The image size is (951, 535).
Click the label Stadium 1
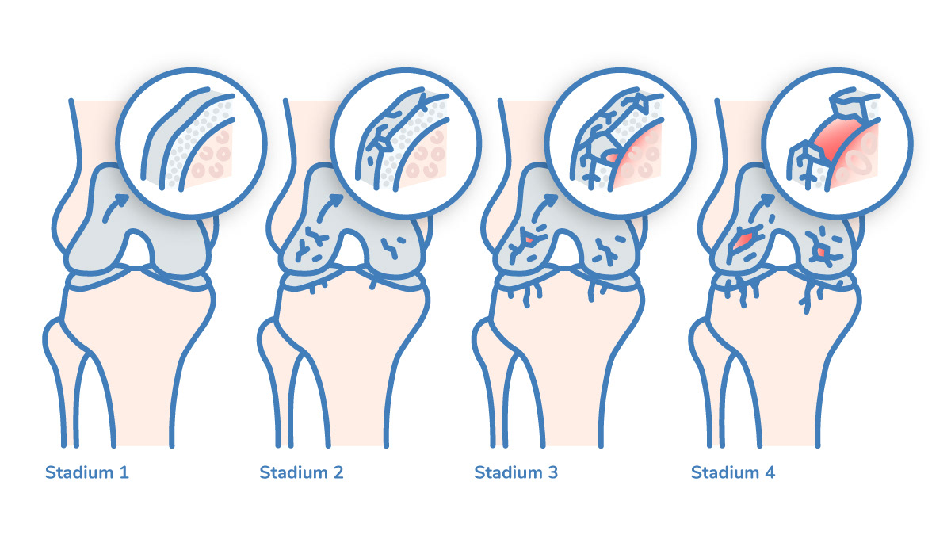86,473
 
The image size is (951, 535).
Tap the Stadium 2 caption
301,473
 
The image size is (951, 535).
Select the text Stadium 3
516,473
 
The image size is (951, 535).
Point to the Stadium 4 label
733,473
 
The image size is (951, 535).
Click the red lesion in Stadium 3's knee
525,239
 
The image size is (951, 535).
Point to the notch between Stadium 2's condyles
359,248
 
